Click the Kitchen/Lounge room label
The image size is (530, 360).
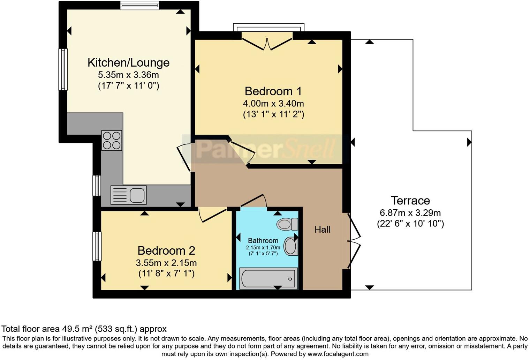[128, 63]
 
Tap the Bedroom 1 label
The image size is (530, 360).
[273, 91]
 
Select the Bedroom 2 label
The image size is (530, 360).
[166, 251]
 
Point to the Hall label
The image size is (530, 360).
[322, 230]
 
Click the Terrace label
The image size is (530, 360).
[410, 201]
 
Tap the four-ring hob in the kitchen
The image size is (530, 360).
[112, 140]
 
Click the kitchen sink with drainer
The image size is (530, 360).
[128, 195]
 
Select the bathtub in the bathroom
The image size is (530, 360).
[268, 278]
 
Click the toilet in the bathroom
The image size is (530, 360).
[287, 224]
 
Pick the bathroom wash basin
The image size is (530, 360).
[290, 246]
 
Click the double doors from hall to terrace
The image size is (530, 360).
[353, 241]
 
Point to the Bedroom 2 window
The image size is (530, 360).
[97, 246]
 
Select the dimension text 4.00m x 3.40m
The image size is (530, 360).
[273, 104]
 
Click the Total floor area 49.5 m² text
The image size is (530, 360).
[84, 329]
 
